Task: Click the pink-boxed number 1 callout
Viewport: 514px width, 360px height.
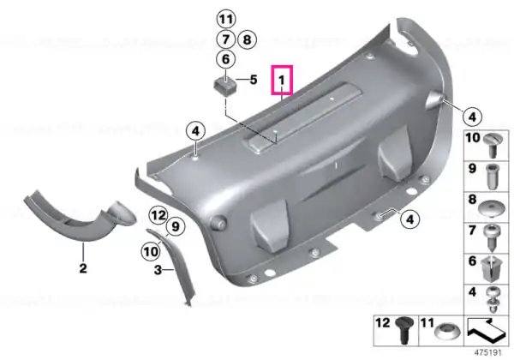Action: coord(282,80)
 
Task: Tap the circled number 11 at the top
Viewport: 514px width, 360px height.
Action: coord(226,20)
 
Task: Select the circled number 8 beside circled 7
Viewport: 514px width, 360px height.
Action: coord(247,39)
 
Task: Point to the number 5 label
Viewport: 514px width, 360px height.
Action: coord(254,80)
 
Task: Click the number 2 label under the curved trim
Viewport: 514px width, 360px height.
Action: coord(83,268)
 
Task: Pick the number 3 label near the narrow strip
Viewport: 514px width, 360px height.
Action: coord(158,270)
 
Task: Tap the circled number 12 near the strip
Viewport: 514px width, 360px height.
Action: coord(158,215)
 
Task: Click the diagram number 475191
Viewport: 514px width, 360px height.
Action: coord(488,352)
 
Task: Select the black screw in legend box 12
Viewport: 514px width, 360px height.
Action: coord(403,330)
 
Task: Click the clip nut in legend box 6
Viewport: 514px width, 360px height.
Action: coord(491,268)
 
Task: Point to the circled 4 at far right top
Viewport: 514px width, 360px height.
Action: coord(472,117)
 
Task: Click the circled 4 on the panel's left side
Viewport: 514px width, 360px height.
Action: coord(195,131)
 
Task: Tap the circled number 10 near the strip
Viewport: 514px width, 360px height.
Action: coord(151,252)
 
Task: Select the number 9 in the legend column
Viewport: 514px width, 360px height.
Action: coord(472,169)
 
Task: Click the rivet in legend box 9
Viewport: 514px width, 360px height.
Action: coord(492,176)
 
